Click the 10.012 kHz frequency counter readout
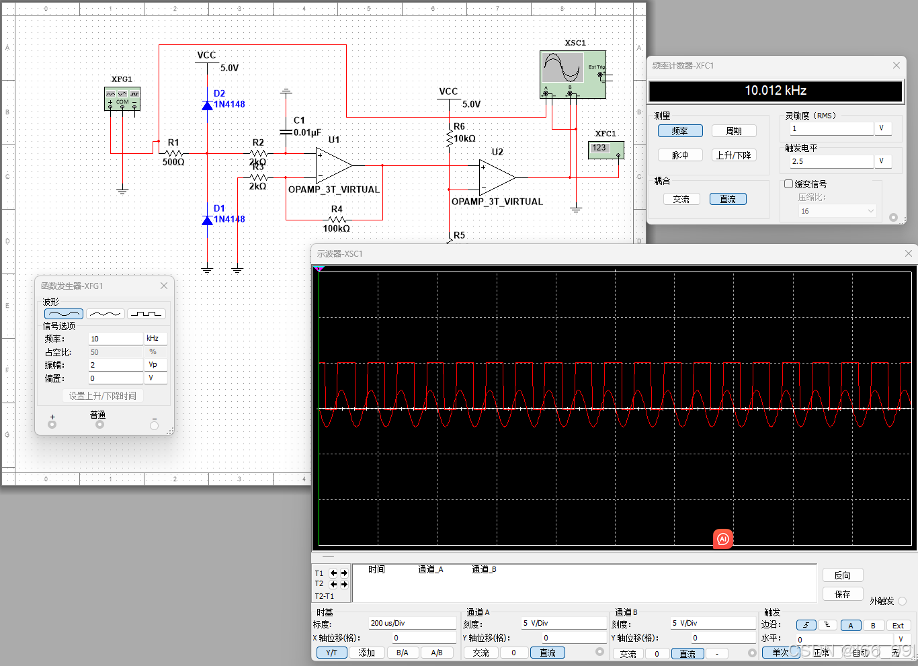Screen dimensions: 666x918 point(775,91)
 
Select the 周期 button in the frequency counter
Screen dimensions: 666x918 point(733,131)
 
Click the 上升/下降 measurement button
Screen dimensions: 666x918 point(733,155)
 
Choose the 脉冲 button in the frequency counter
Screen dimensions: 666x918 point(680,155)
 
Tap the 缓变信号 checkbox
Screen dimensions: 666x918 point(789,184)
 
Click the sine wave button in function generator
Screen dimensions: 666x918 point(64,314)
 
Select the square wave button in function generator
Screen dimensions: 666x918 point(146,314)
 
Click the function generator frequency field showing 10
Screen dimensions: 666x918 point(116,339)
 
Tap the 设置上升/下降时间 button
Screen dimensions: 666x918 point(103,396)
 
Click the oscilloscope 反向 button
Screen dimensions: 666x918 point(842,575)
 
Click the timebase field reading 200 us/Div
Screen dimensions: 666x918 point(411,623)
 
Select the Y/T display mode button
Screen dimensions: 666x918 point(331,653)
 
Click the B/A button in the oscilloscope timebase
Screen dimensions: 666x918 point(402,653)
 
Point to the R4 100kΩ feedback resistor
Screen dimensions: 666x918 point(336,220)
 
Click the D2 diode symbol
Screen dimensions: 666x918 point(208,105)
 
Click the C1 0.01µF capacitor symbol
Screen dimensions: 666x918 point(286,132)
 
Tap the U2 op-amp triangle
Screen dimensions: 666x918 point(497,177)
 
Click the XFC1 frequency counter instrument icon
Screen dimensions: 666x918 point(606,149)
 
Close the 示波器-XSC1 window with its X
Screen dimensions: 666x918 point(908,253)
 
